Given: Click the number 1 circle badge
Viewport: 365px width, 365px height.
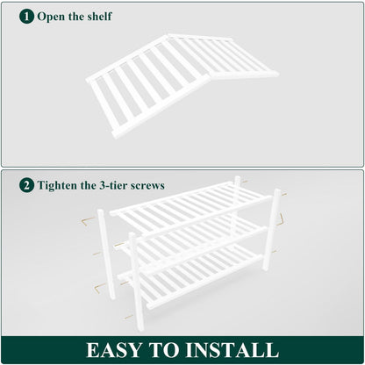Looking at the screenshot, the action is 26,17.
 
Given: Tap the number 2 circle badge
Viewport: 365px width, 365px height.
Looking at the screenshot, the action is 26,185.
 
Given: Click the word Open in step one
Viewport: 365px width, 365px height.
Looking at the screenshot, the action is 51,17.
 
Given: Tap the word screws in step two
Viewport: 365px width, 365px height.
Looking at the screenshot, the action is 147,186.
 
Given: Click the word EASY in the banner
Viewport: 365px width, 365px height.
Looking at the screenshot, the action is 114,350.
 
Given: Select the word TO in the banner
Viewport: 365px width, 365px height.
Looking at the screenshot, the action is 163,350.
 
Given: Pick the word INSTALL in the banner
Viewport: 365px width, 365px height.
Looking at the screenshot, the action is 232,350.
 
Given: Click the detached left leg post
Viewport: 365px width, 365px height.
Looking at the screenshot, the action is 106,254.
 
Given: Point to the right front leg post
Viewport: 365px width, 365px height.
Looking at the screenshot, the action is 272,229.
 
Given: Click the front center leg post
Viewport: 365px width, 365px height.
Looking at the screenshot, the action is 136,282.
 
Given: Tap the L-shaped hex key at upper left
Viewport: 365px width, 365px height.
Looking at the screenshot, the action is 88,222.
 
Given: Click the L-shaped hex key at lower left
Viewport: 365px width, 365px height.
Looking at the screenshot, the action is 99,288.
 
